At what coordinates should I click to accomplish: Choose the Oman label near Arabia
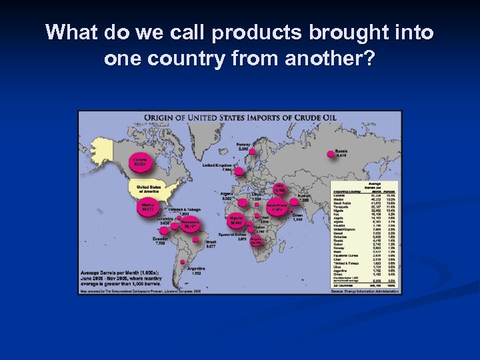pos(297,215)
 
